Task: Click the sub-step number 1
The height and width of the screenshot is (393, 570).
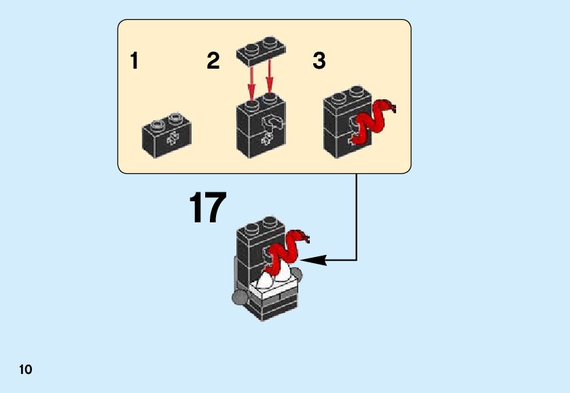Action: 135,61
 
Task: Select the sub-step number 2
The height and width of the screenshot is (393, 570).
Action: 213,61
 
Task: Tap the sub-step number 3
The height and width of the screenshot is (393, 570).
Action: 319,61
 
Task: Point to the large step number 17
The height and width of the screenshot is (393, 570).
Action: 207,208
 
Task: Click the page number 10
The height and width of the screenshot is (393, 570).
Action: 25,370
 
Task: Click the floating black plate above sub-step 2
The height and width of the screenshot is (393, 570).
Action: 261,52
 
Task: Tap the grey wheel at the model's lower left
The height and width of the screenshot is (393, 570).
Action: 238,297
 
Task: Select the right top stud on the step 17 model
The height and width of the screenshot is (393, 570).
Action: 270,222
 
